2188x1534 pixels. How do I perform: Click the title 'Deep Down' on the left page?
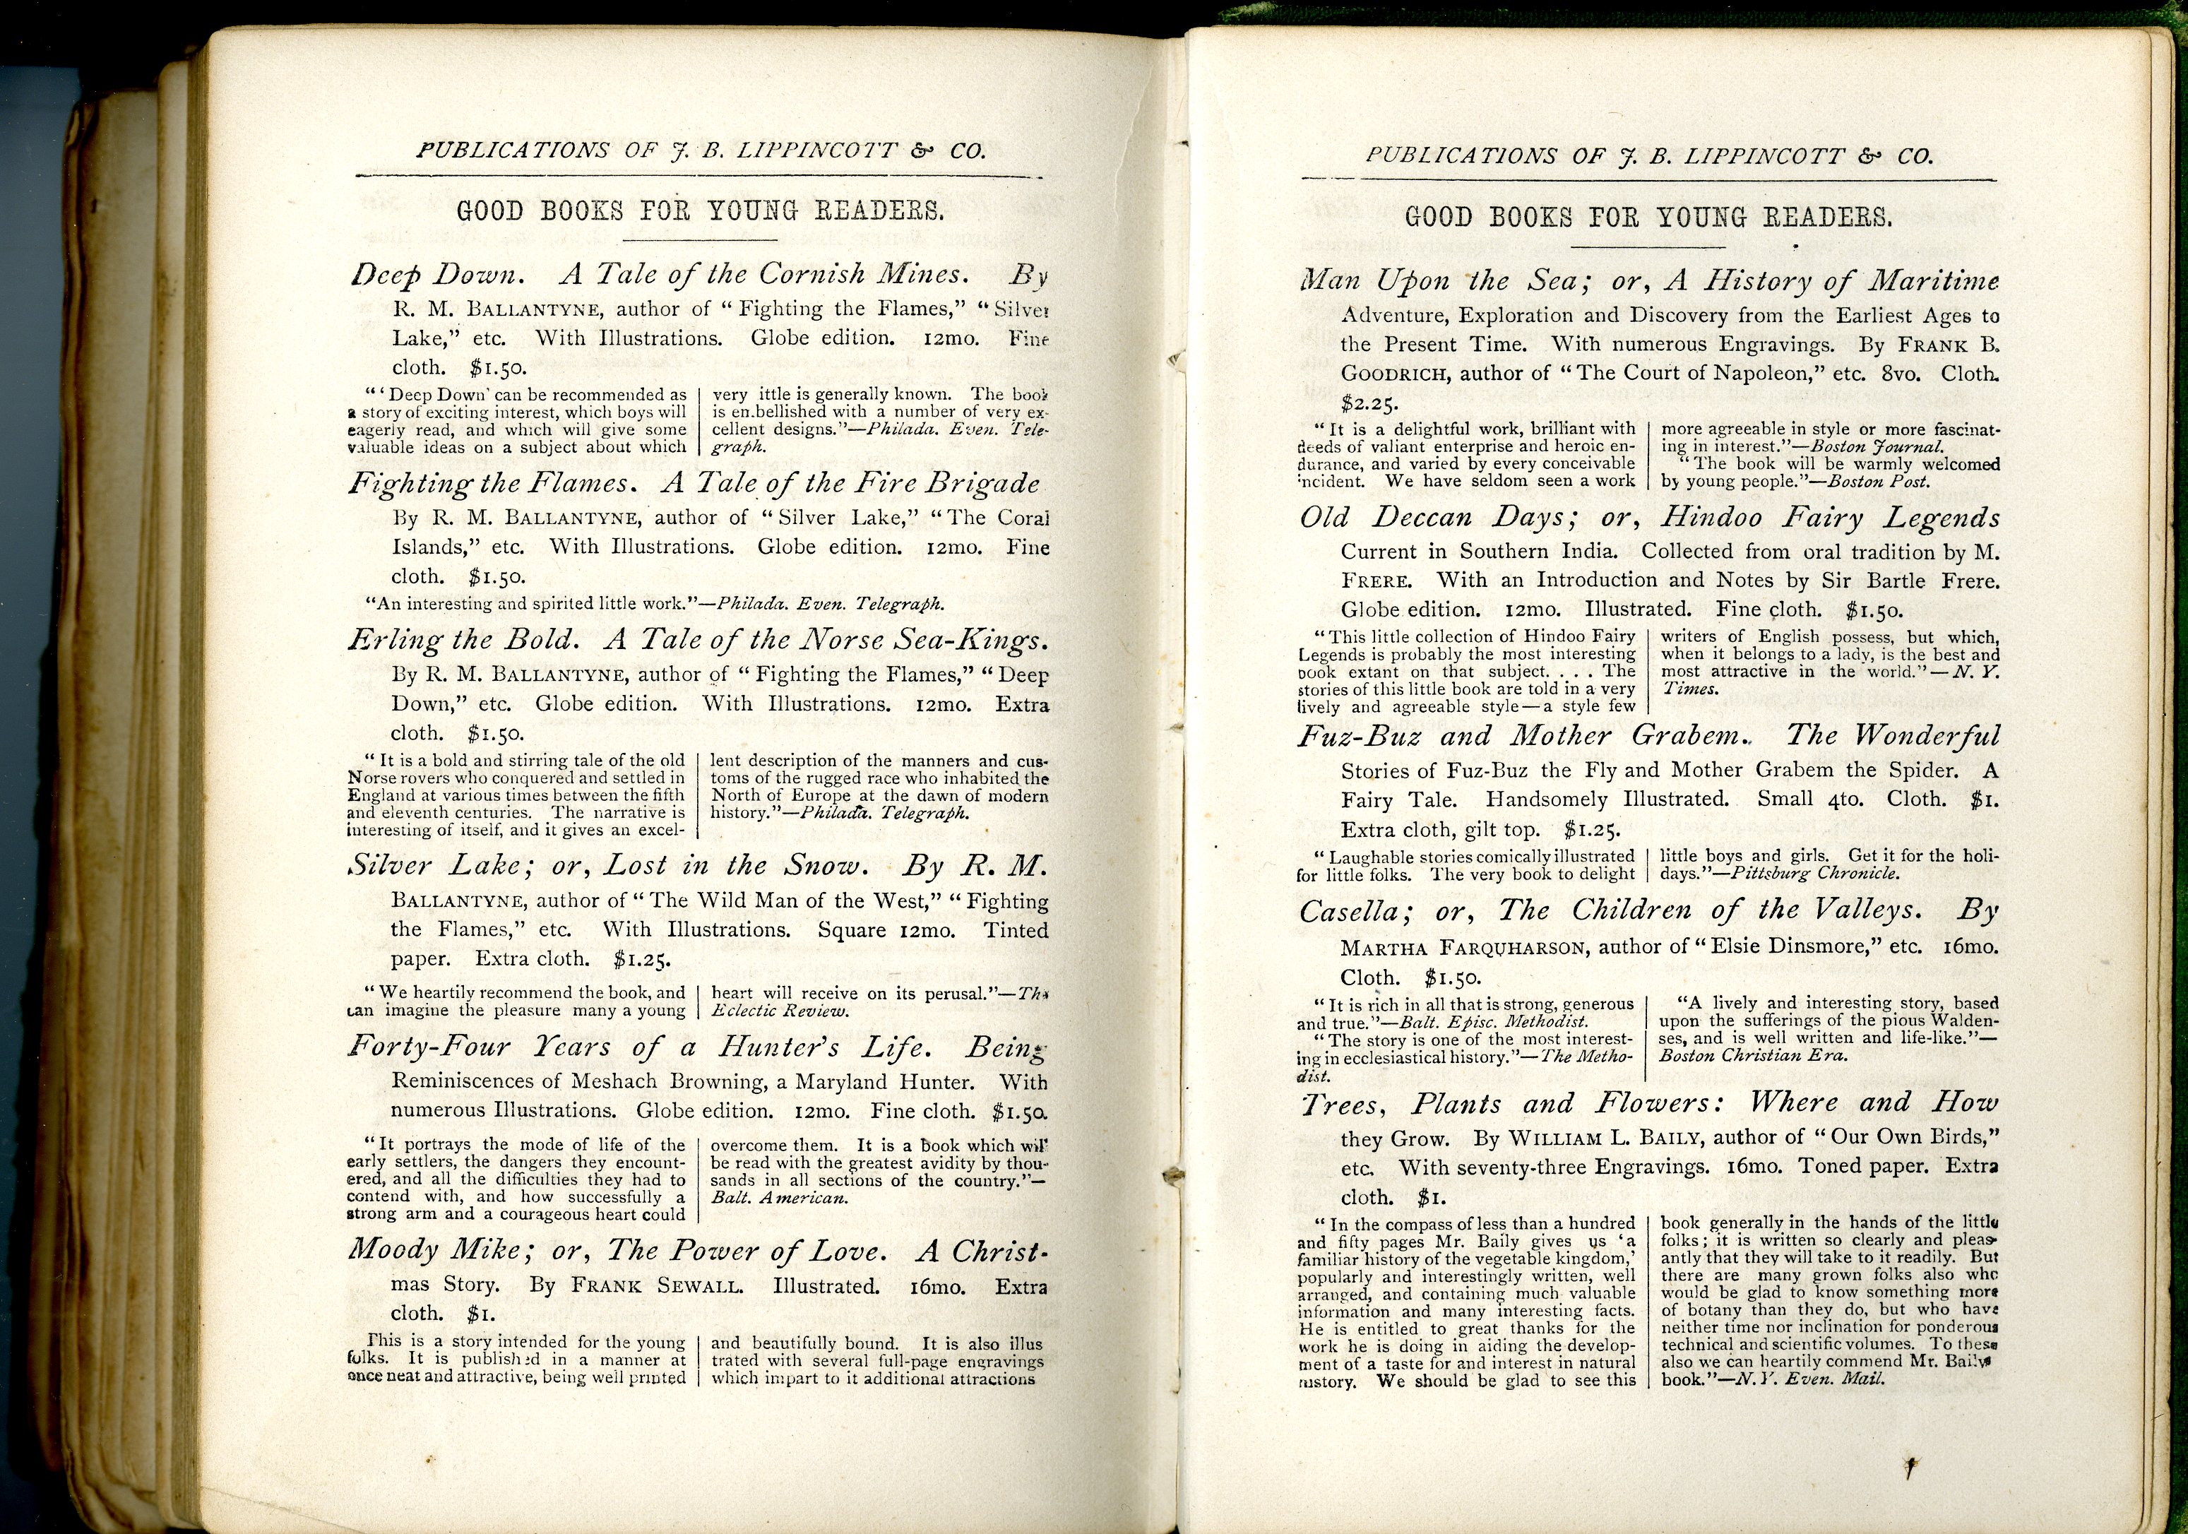[x=437, y=275]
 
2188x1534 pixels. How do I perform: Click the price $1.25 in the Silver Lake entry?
[x=642, y=960]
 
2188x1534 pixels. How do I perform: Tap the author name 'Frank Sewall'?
[x=657, y=1286]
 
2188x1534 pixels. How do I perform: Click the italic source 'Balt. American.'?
[x=780, y=1199]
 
